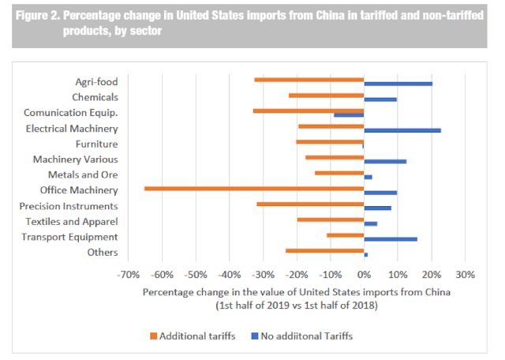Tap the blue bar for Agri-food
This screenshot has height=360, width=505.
398,84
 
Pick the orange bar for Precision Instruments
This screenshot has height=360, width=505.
310,204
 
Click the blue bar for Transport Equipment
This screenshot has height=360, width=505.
391,238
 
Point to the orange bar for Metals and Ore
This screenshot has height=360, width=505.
339,173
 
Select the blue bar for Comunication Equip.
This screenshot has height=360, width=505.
349,114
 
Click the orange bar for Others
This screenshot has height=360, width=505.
324,250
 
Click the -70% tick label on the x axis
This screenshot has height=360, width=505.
128,276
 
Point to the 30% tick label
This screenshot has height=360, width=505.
465,276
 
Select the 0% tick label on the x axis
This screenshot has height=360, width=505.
364,276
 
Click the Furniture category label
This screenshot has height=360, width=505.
96,144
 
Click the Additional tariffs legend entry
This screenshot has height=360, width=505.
192,336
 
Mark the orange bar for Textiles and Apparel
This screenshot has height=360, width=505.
331,219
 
